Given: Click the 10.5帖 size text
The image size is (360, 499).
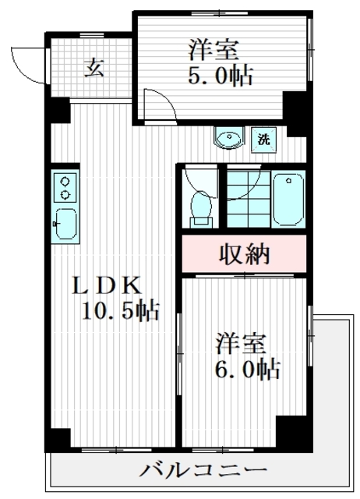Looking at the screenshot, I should point(122,312).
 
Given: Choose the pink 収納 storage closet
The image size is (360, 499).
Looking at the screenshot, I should point(242,254).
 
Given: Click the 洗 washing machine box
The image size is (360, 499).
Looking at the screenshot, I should point(264,141).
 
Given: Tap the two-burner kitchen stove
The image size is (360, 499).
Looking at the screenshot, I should point(65,187).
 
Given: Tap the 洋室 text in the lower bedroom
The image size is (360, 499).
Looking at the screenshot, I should point(241,343).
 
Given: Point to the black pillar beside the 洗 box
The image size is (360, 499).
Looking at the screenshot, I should point(293,109).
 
